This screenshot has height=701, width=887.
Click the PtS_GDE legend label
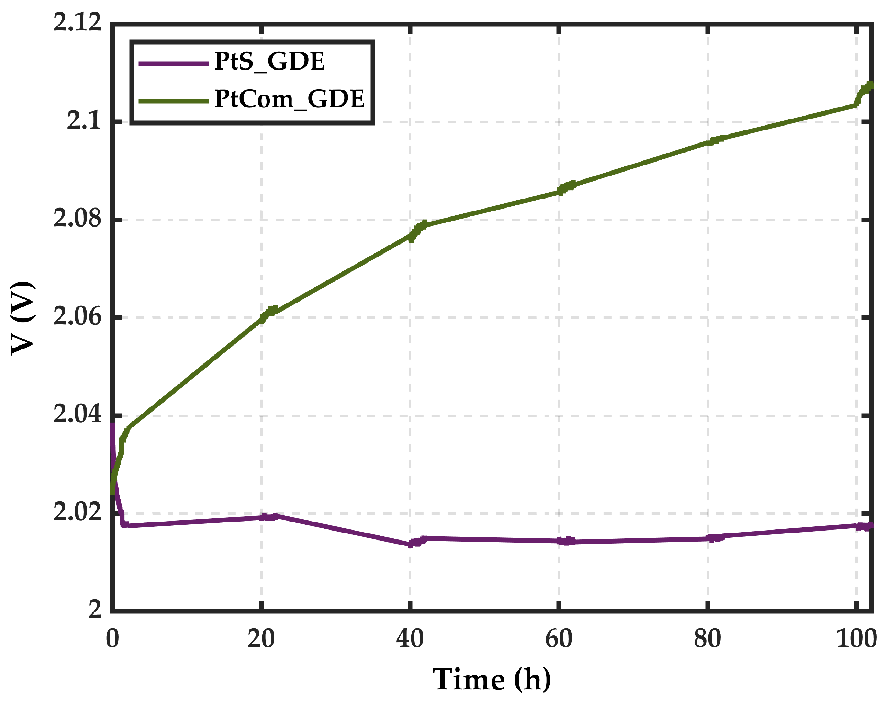(269, 62)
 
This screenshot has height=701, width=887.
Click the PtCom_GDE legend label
(289, 99)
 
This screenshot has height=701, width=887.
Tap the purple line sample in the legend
(174, 63)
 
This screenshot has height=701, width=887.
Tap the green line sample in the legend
(174, 101)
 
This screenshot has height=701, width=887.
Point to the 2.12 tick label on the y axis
(77, 22)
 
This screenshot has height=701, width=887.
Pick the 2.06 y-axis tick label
(77, 317)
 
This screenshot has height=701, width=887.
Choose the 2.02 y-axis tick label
(77, 512)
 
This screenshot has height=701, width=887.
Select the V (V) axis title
(22, 318)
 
